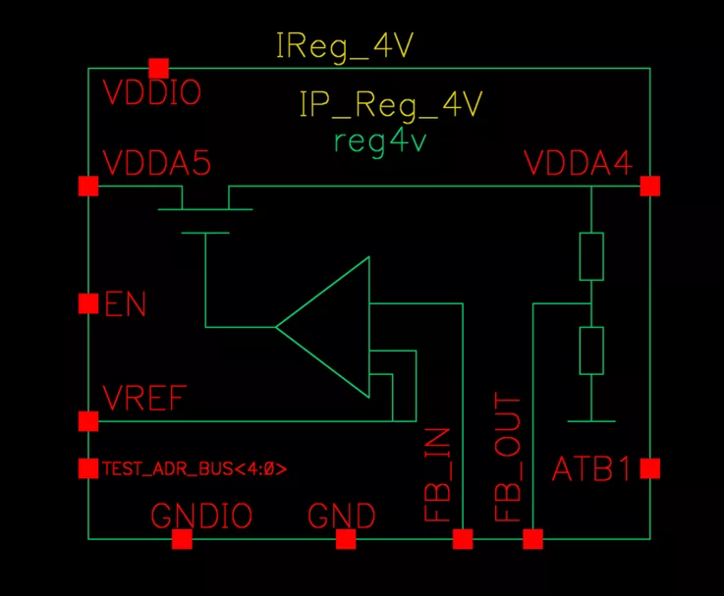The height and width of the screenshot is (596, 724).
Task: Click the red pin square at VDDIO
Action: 159,69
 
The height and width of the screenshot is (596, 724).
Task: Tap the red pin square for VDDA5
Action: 88,186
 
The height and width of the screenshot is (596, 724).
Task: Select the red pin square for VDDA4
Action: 650,186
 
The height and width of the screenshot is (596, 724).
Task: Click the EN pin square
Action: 88,303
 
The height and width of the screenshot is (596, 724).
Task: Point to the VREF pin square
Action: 88,421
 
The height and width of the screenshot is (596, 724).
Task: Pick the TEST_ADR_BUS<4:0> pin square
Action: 88,468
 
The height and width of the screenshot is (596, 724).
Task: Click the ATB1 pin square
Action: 650,468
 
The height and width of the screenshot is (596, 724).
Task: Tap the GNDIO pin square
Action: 182,539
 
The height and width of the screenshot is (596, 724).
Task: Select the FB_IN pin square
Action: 463,539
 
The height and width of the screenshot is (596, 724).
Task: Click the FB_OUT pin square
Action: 532,539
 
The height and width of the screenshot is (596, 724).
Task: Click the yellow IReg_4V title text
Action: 345,46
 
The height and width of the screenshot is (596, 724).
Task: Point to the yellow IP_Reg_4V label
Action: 391,106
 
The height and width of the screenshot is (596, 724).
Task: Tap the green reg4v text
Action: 380,142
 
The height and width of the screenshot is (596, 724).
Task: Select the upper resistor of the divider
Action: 591,256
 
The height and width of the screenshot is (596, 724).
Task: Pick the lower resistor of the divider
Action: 591,351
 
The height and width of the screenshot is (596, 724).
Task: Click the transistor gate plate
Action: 205,233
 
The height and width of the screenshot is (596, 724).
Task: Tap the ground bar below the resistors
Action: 591,421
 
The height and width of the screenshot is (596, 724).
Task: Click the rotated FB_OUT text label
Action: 508,457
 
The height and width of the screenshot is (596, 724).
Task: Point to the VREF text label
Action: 144,398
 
